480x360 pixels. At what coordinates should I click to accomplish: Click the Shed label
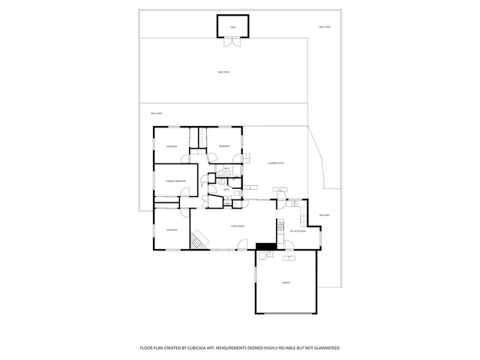(233, 27)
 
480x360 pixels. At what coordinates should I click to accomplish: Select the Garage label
(286, 283)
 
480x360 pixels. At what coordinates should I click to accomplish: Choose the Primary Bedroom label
(175, 181)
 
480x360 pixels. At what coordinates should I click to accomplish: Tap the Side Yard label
(325, 214)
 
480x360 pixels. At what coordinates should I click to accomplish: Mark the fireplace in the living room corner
(198, 239)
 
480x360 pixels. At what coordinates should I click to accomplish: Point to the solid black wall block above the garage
(265, 246)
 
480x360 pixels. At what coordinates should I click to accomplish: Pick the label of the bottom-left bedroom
(172, 229)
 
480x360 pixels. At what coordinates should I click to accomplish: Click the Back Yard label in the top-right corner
(325, 27)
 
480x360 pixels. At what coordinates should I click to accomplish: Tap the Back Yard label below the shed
(223, 73)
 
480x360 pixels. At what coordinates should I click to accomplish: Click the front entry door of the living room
(241, 245)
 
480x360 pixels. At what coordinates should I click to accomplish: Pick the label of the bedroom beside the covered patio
(223, 145)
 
